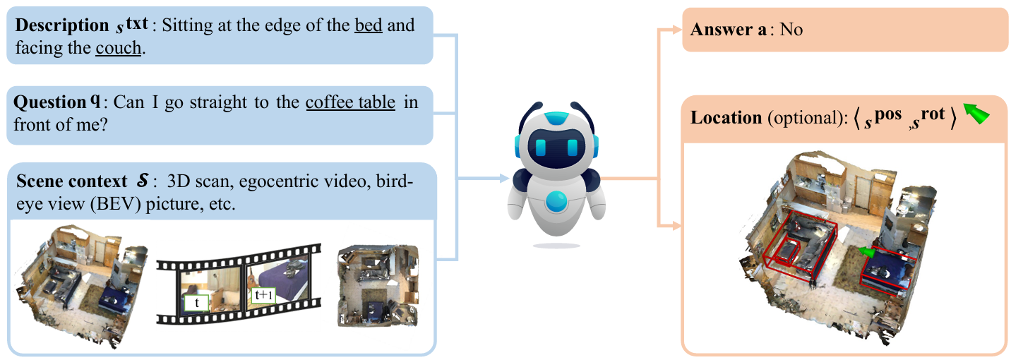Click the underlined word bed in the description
tap(369, 25)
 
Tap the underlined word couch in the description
tap(118, 47)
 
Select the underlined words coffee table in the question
tap(350, 102)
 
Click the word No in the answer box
tap(791, 30)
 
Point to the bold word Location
tap(726, 118)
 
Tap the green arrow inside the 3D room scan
tap(866, 252)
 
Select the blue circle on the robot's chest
tap(556, 202)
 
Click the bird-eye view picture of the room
tap(378, 285)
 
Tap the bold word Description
tap(62, 25)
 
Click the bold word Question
tap(50, 102)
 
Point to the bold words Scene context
tap(72, 181)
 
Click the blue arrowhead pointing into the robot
tap(505, 178)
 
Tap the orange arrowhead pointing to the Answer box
tap(676, 30)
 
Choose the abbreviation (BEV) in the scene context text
tap(115, 204)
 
